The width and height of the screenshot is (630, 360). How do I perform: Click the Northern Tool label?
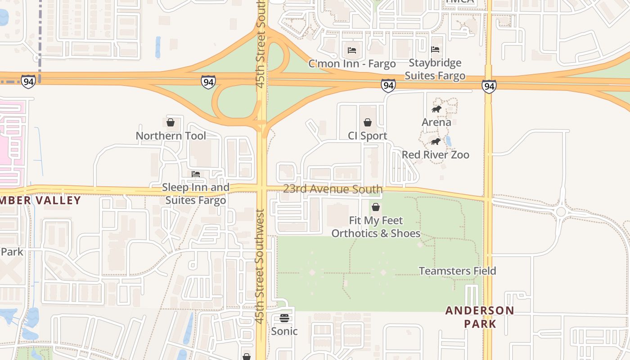point(171,136)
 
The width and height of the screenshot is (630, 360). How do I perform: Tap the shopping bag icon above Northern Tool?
point(171,122)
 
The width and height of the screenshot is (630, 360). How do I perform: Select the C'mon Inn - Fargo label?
point(352,64)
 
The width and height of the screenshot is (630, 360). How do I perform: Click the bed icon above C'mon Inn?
point(352,50)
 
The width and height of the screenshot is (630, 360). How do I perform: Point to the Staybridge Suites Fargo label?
point(435,69)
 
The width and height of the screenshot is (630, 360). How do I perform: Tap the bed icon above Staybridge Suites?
point(435,49)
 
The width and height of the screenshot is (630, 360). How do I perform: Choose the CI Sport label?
point(367,136)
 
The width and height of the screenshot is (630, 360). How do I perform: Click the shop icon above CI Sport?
point(367,122)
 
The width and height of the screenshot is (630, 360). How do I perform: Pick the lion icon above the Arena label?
point(436,109)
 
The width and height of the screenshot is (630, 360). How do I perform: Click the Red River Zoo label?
point(435,155)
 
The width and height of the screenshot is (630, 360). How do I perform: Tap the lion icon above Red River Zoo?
point(435,142)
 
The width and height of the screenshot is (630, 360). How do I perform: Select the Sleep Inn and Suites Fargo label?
point(196,193)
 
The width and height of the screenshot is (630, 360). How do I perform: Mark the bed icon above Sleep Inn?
point(196,174)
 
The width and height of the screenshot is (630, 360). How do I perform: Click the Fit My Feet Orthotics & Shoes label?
point(376,227)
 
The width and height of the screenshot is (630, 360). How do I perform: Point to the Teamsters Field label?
point(457,271)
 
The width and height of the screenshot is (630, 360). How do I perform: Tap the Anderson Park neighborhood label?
point(480,317)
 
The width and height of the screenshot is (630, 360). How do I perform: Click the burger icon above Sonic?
point(284,318)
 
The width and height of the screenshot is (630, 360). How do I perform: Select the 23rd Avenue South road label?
point(333,189)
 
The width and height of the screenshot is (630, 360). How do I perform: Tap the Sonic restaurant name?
point(284,331)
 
